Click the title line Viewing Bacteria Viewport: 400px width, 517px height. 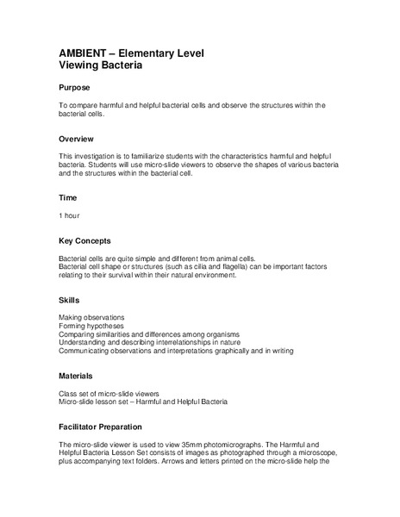100,65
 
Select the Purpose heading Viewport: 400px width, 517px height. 75,88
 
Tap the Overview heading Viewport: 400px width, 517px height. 77,139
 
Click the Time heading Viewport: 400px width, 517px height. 67,197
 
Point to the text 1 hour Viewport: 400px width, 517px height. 71,215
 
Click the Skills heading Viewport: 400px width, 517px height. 69,300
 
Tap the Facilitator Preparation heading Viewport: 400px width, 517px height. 106,427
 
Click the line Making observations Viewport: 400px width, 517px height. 91,317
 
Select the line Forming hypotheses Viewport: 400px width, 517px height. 91,326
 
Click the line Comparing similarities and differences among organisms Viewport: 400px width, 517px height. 148,334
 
